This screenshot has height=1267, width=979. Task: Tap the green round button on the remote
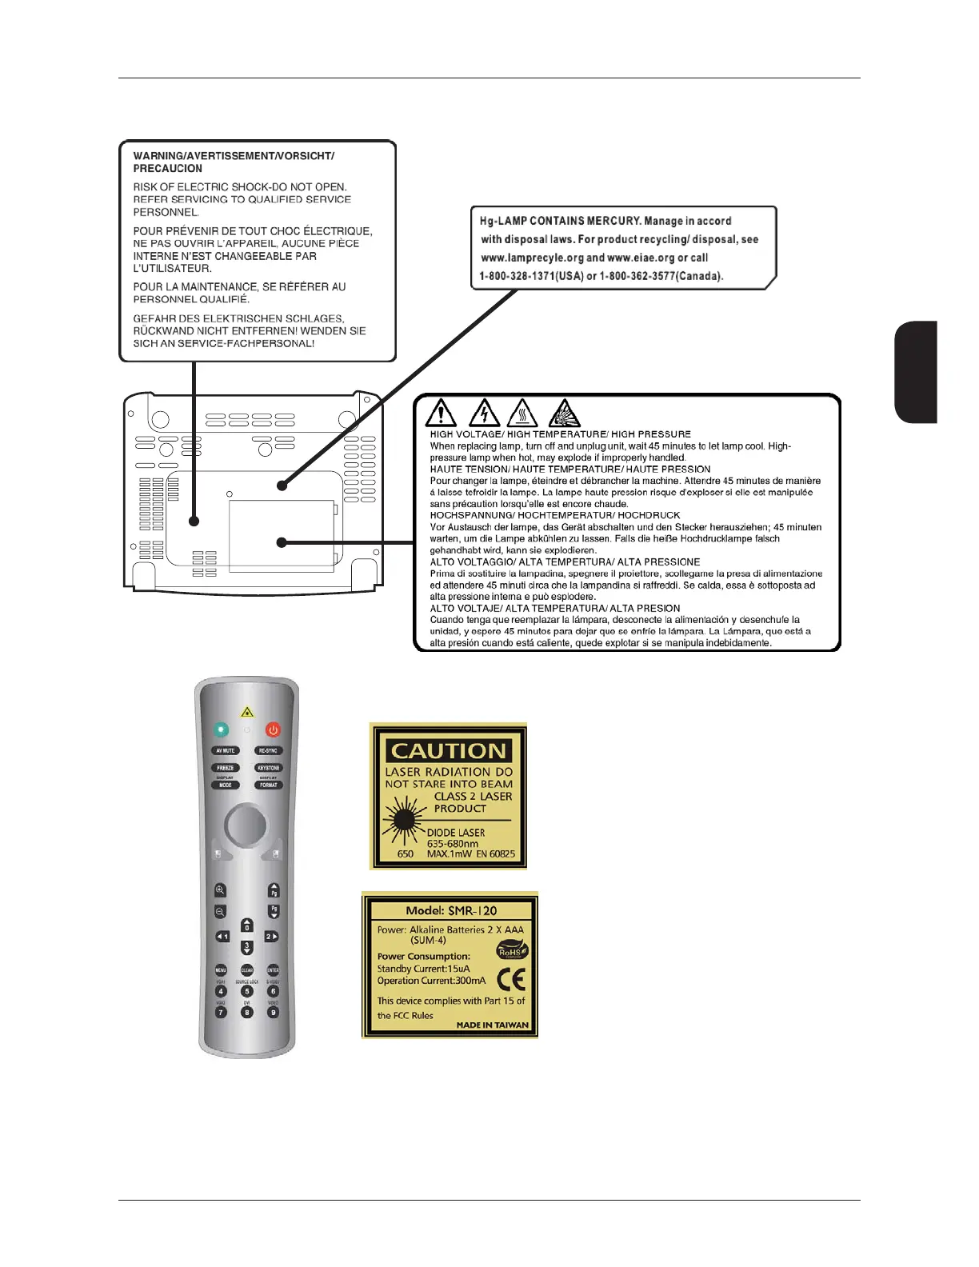tap(222, 729)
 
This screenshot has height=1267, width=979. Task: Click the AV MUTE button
tap(225, 751)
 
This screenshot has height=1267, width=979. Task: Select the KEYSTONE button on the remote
tap(269, 768)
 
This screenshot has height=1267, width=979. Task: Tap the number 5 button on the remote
tap(247, 992)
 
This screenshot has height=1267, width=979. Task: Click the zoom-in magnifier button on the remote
tap(220, 890)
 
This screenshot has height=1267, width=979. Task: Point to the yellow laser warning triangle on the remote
tap(247, 712)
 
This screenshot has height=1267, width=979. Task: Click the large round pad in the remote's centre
tap(246, 823)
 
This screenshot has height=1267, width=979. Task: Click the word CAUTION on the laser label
tap(448, 751)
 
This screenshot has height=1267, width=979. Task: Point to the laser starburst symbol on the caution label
tap(405, 819)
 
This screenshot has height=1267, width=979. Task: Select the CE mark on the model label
tap(511, 979)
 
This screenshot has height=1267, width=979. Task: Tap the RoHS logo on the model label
tap(512, 951)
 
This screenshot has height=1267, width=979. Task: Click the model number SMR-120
tap(472, 910)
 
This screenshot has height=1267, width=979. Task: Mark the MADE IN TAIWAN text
tap(492, 1025)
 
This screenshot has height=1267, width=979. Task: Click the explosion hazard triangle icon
tap(565, 414)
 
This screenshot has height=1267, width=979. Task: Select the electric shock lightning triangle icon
tap(483, 414)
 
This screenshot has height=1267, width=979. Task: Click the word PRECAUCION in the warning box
tap(168, 169)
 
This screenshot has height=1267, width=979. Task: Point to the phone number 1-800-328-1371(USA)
tap(530, 276)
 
